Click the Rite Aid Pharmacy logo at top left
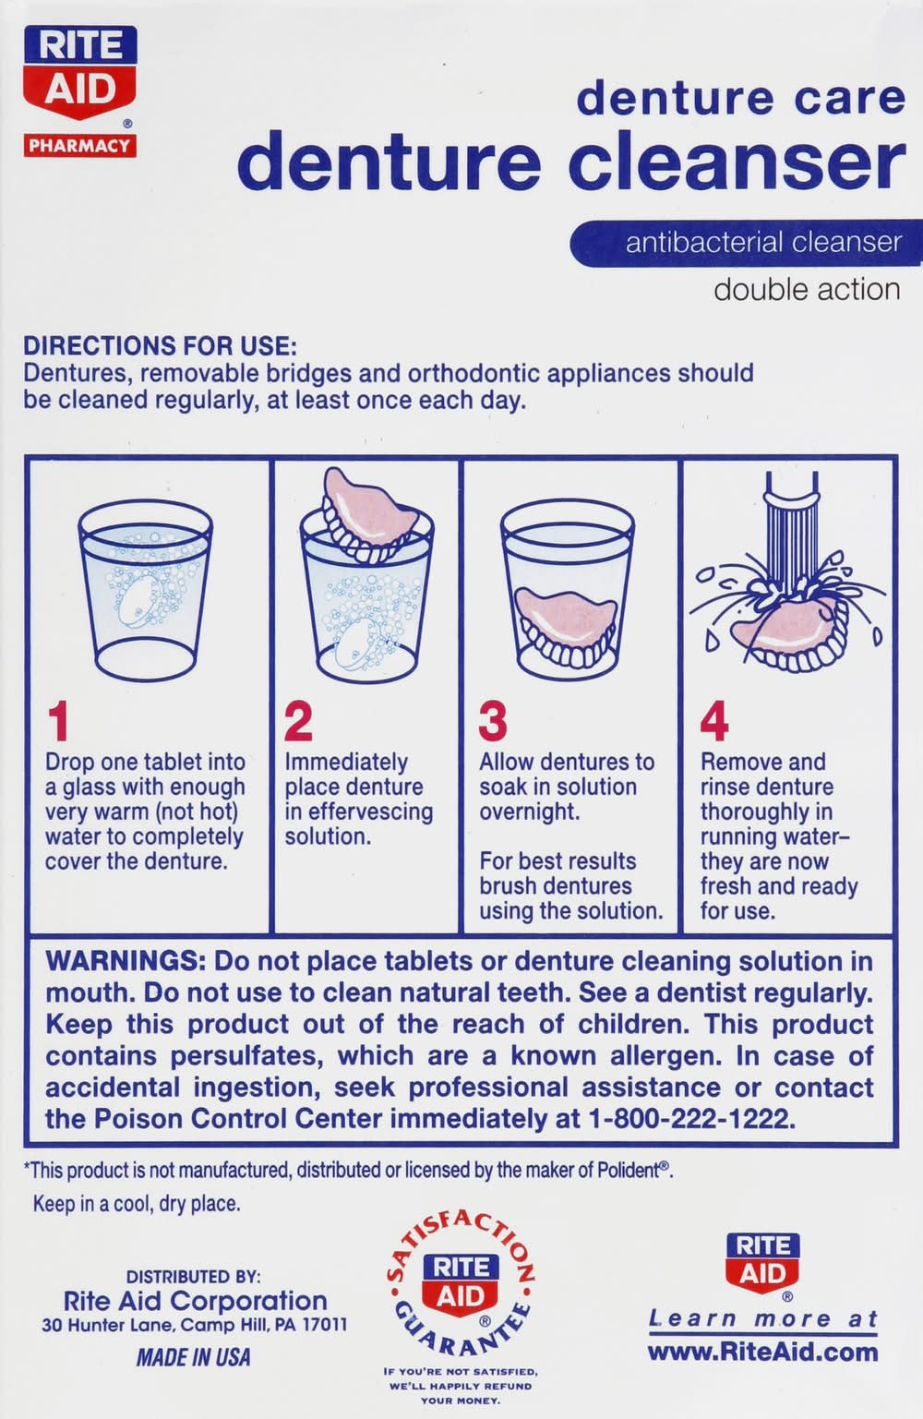coord(79,91)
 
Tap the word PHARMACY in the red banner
coord(79,146)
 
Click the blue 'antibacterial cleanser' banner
coord(747,243)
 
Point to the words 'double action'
coord(807,290)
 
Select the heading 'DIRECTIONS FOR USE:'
coord(160,346)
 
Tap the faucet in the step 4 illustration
coord(792,531)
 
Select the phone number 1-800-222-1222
coord(691,1119)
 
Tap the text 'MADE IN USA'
coord(193,1357)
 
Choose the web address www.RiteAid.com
coord(762,1353)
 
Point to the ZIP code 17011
coord(323,1325)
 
